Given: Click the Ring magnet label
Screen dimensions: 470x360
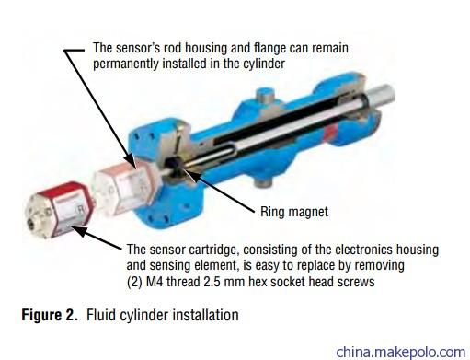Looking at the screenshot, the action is coord(294,212).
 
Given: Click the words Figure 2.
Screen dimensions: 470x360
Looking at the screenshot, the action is coord(49,315).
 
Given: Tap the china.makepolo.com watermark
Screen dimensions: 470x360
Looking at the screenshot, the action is coord(401,352).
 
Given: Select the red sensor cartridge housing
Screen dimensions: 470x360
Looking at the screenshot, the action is coord(57,210).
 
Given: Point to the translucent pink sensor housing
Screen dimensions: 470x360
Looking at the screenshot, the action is coord(126,188).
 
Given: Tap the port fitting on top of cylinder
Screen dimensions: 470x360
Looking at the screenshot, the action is coord(265,97).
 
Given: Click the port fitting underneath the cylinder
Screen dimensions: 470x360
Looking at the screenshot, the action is coord(263,181).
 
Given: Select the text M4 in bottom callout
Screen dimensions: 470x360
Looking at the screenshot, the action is coord(155,282).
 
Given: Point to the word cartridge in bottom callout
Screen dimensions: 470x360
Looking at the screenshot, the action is coord(213,250).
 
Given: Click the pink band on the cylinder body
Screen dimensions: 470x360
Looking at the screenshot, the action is coord(330,133).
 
